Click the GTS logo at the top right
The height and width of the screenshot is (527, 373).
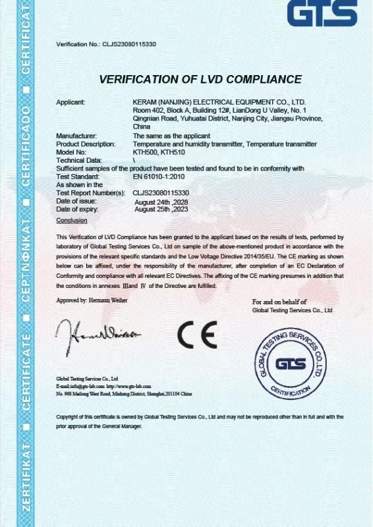[x=322, y=13]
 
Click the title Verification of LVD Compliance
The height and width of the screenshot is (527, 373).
[x=200, y=80]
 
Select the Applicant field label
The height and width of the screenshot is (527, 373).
[x=71, y=102]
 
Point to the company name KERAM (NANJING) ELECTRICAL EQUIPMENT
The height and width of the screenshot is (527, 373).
[x=219, y=102]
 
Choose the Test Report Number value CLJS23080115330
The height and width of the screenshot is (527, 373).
[x=161, y=193]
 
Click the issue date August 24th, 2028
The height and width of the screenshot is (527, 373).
[x=161, y=202]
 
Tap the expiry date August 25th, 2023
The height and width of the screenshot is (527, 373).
[x=161, y=209]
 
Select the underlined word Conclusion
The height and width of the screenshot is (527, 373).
[x=71, y=220]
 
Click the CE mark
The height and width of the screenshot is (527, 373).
[x=197, y=335]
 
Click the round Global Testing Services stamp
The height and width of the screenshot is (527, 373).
[x=291, y=364]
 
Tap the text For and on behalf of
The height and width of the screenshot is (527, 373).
[x=279, y=302]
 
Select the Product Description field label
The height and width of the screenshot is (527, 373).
[x=86, y=144]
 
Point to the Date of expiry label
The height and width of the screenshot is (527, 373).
[x=76, y=209]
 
